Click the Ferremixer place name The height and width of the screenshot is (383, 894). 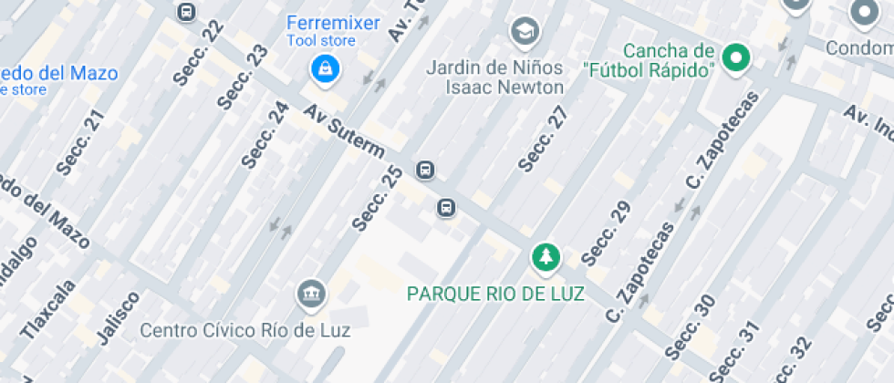333,23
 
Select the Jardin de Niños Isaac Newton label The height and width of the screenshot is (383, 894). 494,78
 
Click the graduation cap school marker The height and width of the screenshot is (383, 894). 524,32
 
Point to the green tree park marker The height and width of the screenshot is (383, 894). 546,258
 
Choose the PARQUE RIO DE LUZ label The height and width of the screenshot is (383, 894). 495,294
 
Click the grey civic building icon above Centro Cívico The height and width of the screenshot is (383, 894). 311,294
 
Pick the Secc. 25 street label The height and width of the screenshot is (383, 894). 377,197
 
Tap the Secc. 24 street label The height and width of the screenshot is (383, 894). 265,134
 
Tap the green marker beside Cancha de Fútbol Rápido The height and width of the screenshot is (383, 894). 735,59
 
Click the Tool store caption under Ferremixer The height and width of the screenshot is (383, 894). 320,40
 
